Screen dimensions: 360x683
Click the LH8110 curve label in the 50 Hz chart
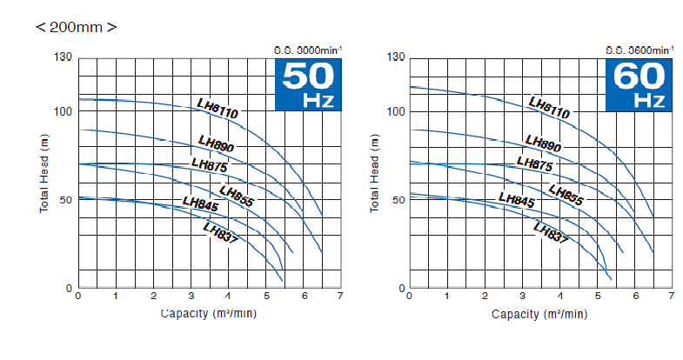[218, 108]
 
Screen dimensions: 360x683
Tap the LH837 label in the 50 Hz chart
[220, 233]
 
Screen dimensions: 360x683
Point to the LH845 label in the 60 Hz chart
[516, 199]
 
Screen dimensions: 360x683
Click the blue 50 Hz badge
[307, 85]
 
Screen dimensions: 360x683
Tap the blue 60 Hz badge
[639, 85]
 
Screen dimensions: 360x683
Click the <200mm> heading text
[77, 27]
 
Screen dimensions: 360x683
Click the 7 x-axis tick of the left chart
[339, 297]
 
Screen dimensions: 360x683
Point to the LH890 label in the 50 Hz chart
[216, 143]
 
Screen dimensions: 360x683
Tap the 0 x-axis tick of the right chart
[410, 297]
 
